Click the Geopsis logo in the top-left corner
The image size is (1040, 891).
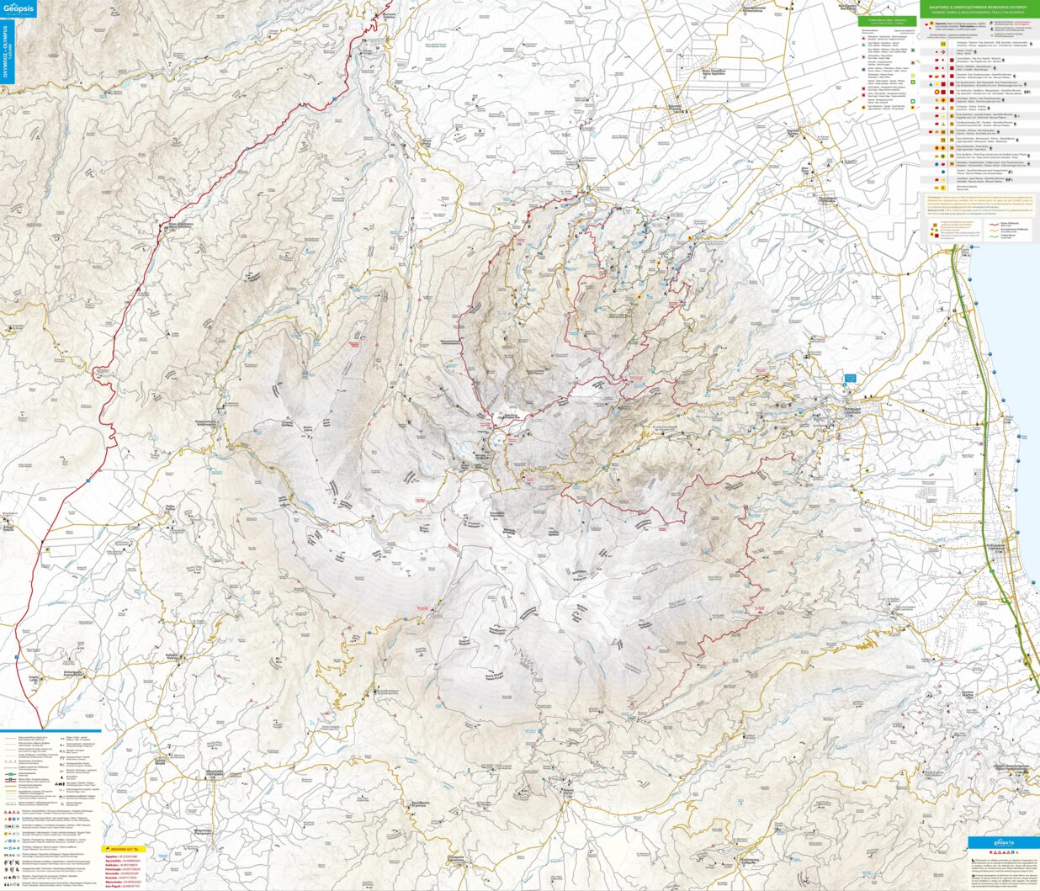tap(19, 11)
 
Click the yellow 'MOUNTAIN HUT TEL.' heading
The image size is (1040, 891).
tap(124, 849)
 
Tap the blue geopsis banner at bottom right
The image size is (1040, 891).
tap(1002, 842)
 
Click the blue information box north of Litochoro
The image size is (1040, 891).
tap(850, 379)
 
